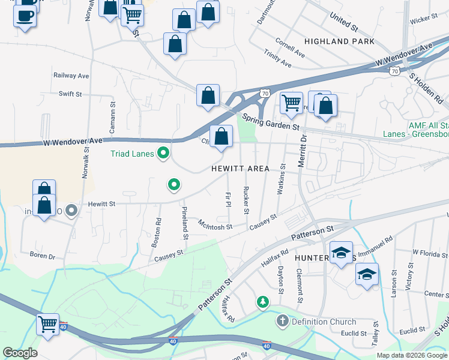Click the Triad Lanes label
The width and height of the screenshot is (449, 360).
(x=132, y=154)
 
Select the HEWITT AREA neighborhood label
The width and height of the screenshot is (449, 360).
(x=240, y=169)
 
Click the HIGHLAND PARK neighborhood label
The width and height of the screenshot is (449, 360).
(x=339, y=41)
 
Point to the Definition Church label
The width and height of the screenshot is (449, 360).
(x=324, y=322)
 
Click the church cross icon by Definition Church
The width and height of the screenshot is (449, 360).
(x=283, y=321)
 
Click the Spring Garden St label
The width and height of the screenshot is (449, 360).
(x=271, y=122)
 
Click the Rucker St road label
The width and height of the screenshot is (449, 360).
(x=246, y=200)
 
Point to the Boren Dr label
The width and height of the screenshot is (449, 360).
(x=43, y=256)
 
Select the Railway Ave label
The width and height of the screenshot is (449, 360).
(x=71, y=76)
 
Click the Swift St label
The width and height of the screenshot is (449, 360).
(x=70, y=94)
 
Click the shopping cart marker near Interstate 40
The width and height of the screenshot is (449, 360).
(x=48, y=323)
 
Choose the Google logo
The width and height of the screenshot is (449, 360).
(x=19, y=353)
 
